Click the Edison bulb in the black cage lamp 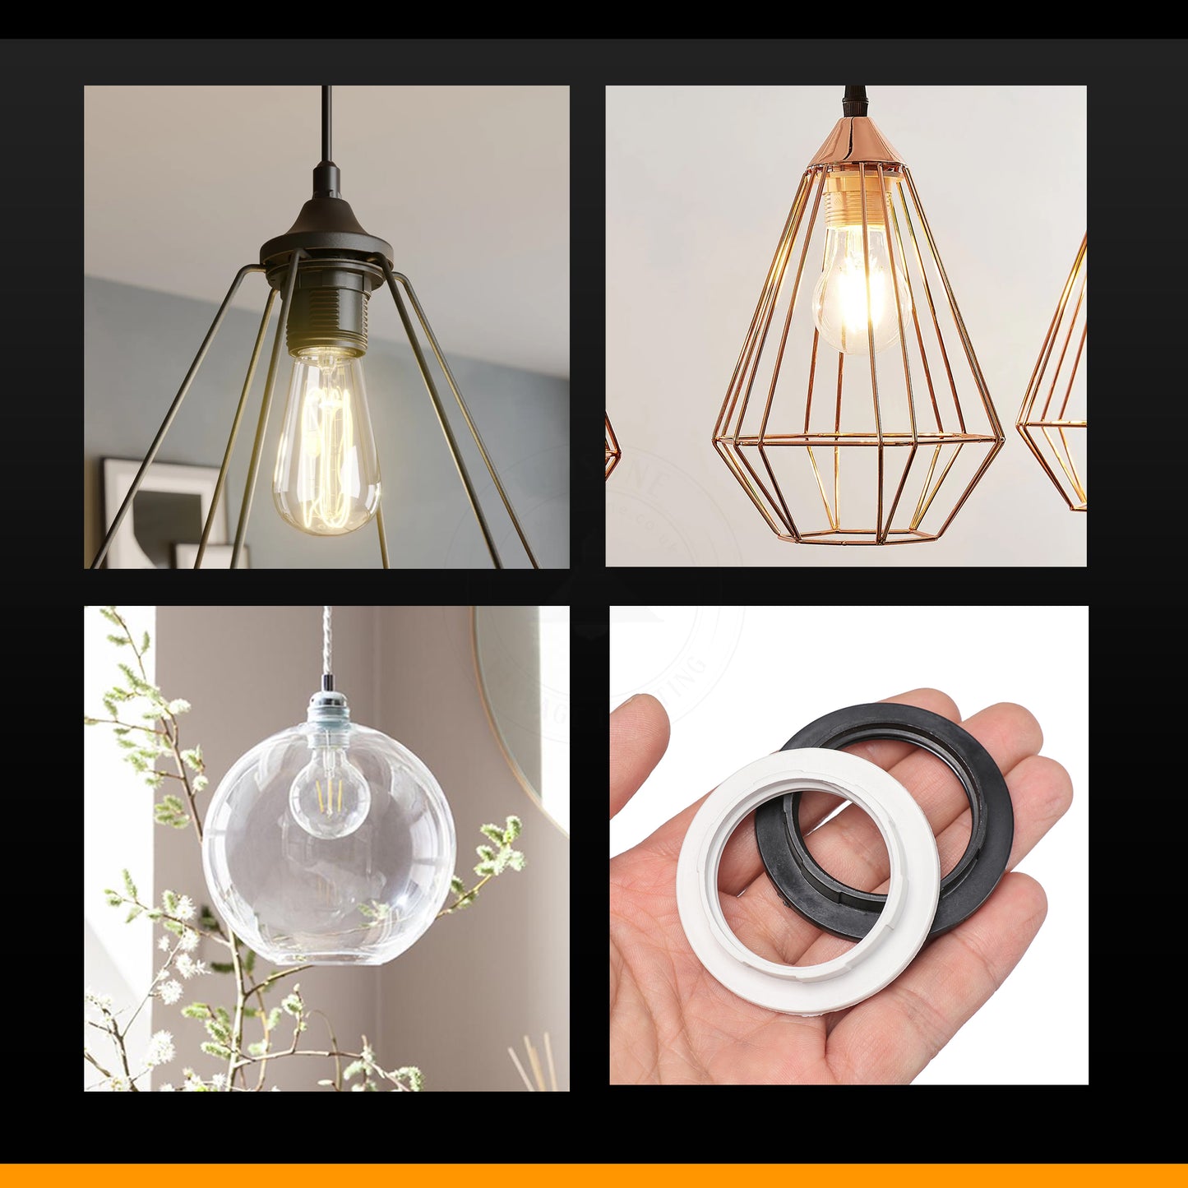click(x=326, y=444)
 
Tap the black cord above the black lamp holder click(x=326, y=123)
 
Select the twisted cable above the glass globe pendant click(x=327, y=641)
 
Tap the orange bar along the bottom click(x=594, y=1176)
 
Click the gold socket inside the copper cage click(x=855, y=201)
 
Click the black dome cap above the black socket click(x=326, y=226)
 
